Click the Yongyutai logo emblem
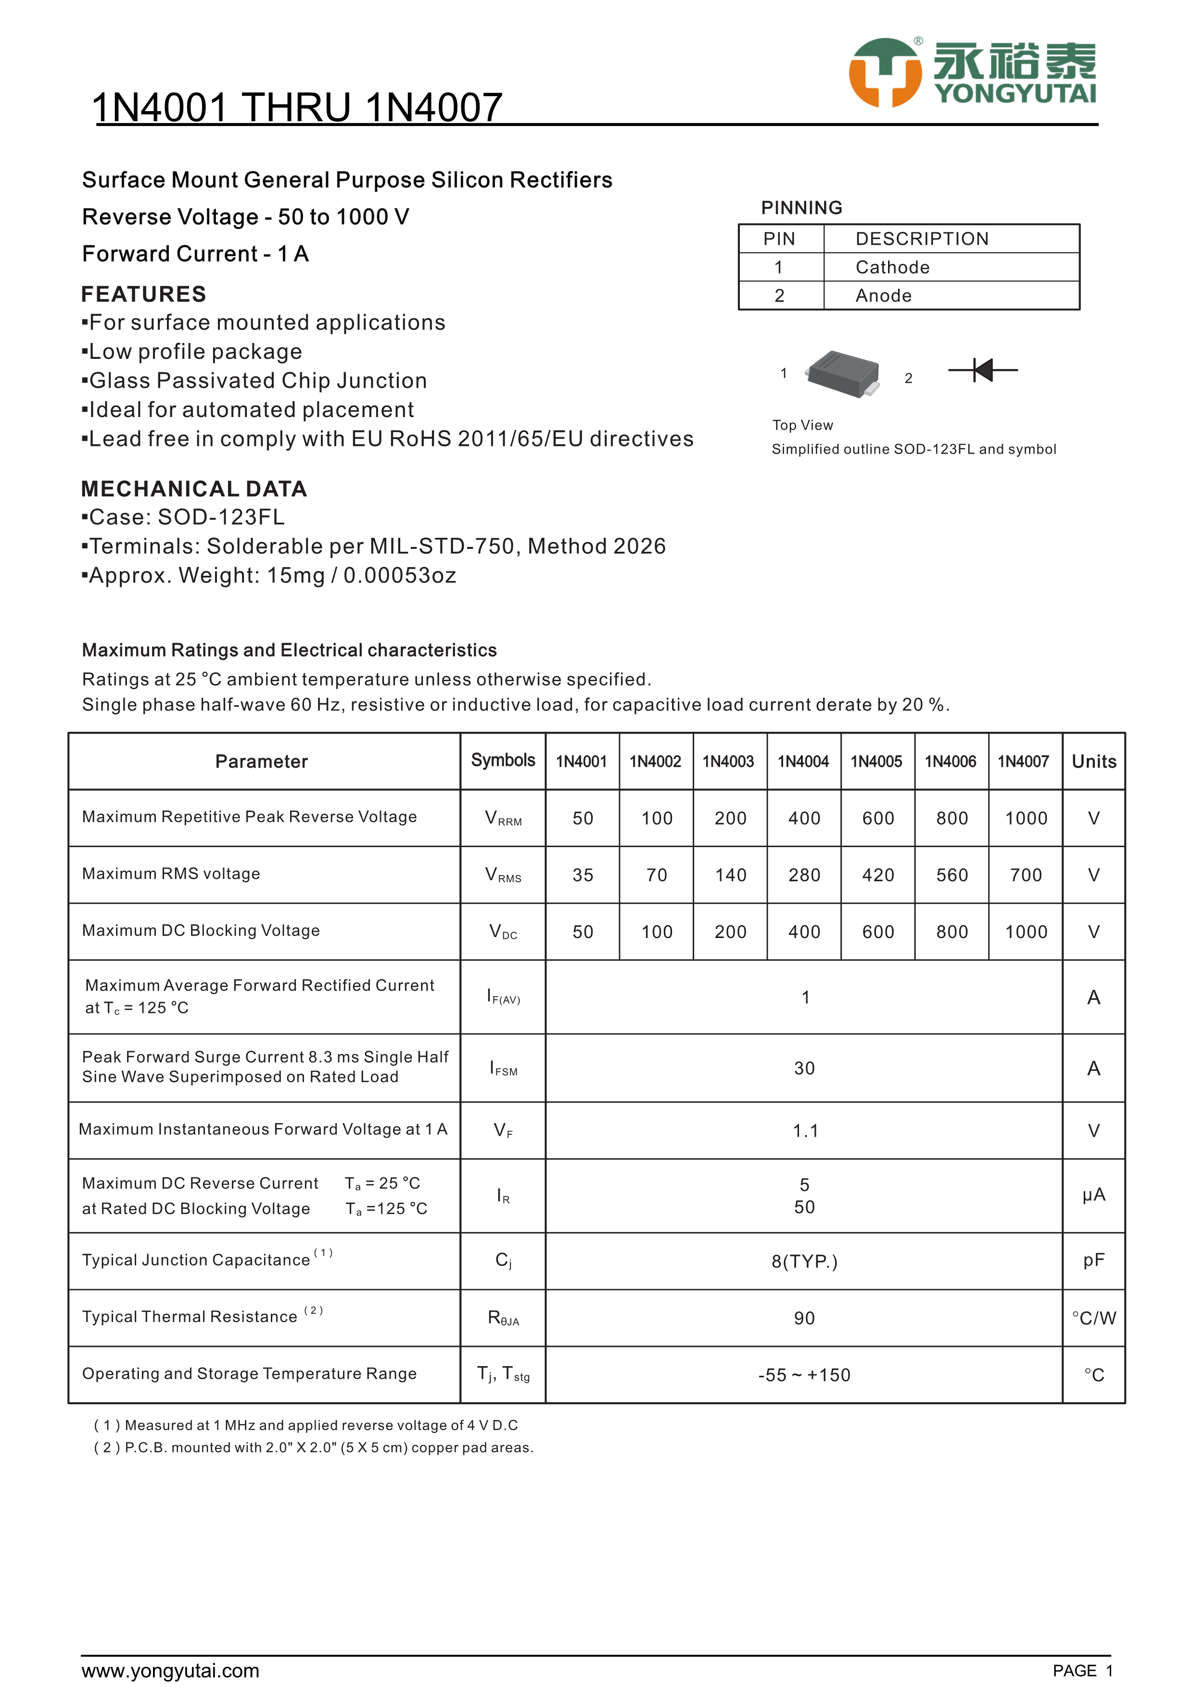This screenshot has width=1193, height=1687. coord(885,73)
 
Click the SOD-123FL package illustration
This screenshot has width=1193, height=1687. coord(843,374)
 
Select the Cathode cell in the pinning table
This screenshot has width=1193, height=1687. coord(892,267)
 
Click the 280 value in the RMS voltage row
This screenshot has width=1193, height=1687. coord(804,875)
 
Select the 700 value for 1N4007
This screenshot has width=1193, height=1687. coord(1026,875)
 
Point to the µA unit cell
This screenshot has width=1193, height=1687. coord(1093,1195)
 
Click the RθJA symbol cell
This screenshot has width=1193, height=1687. coord(503,1318)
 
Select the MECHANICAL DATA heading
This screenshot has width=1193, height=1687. coord(194,489)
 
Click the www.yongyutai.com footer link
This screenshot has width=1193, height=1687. coord(170,1671)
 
